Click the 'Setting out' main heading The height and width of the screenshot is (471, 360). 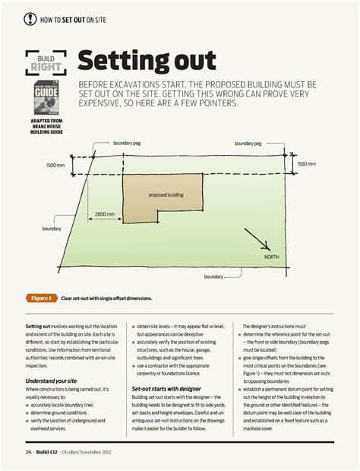[x=147, y=61]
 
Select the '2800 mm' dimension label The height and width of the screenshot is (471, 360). [x=105, y=214]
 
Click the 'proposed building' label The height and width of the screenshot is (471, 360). [x=166, y=195]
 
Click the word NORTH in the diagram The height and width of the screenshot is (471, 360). [x=271, y=258]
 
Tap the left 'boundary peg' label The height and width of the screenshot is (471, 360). [x=126, y=143]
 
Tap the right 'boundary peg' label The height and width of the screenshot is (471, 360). [x=248, y=143]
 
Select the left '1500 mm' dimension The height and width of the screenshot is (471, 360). [x=55, y=165]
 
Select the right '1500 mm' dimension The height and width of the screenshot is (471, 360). [x=306, y=163]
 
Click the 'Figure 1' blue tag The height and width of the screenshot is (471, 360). [x=41, y=298]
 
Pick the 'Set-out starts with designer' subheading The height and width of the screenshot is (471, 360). [x=166, y=388]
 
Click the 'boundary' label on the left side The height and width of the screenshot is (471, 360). [x=52, y=229]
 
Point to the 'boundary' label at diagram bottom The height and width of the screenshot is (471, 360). [x=214, y=277]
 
